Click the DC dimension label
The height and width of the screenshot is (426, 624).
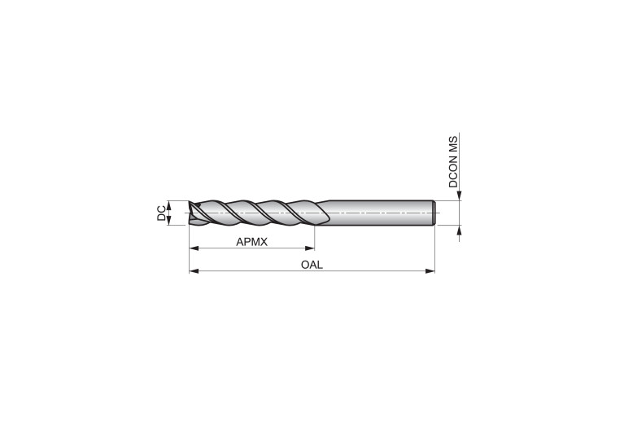tap(162, 213)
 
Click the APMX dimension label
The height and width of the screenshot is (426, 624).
tap(252, 242)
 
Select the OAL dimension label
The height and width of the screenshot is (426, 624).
tap(312, 265)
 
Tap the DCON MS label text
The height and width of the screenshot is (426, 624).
tap(453, 162)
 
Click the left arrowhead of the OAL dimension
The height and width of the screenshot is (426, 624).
tap(194, 271)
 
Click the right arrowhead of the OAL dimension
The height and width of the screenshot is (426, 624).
tap(430, 271)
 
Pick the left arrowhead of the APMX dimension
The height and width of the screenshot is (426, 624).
tap(194, 248)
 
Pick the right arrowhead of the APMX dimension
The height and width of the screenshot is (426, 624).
tap(310, 248)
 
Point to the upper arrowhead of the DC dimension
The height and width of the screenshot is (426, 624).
tap(168, 205)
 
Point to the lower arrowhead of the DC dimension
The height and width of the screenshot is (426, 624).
tap(168, 221)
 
